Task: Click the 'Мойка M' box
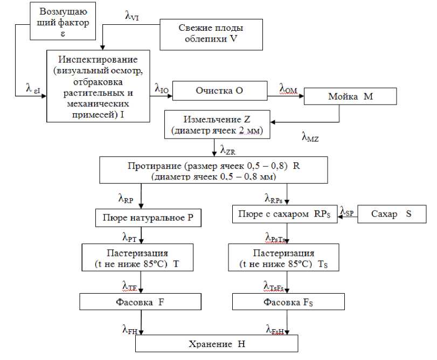350,96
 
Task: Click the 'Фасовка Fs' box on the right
288,302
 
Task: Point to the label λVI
131,16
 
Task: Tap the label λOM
288,87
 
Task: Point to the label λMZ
310,137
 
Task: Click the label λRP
126,198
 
